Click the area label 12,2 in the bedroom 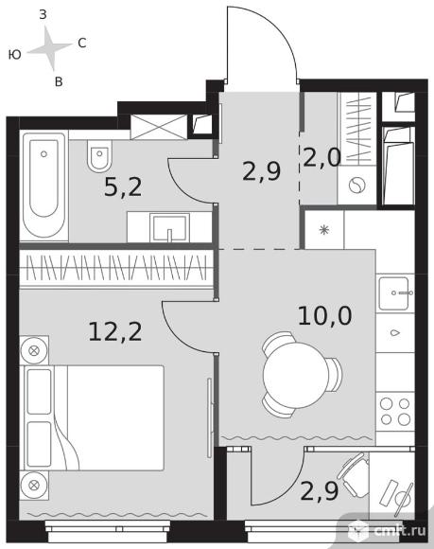pyautogui.click(x=115, y=332)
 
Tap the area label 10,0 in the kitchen pyautogui.click(x=325, y=316)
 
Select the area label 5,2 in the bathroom pyautogui.click(x=123, y=187)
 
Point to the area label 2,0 pyautogui.click(x=321, y=157)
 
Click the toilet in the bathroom pyautogui.click(x=99, y=156)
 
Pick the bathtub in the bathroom pyautogui.click(x=44, y=186)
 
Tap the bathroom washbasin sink pyautogui.click(x=169, y=227)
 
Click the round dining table pyautogui.click(x=296, y=375)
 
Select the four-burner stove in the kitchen pyautogui.click(x=395, y=412)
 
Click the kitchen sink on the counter pyautogui.click(x=394, y=293)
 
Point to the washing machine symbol pyautogui.click(x=356, y=185)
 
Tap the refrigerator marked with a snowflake pyautogui.click(x=324, y=230)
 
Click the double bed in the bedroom pyautogui.click(x=94, y=418)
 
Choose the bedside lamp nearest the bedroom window pyautogui.click(x=34, y=486)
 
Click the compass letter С pyautogui.click(x=82, y=43)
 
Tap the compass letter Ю pyautogui.click(x=15, y=55)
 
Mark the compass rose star pyautogui.click(x=50, y=48)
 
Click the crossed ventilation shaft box pyautogui.click(x=159, y=127)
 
